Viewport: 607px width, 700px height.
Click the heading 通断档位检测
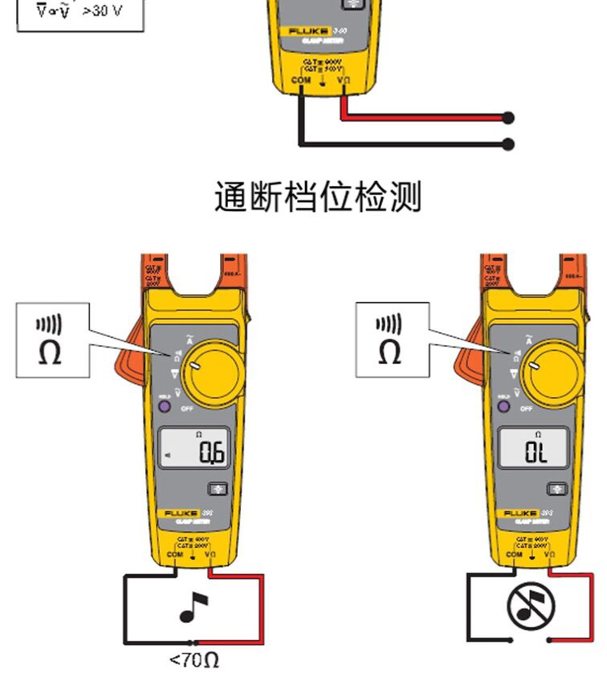pyautogui.click(x=317, y=197)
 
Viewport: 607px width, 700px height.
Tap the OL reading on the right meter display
pyautogui.click(x=536, y=453)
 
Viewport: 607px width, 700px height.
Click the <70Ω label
pyautogui.click(x=194, y=659)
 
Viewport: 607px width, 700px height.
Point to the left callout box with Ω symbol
pyautogui.click(x=51, y=339)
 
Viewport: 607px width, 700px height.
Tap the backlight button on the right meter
pyautogui.click(x=557, y=489)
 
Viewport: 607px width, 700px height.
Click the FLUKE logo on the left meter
pyautogui.click(x=183, y=514)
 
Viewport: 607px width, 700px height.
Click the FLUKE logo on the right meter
pyautogui.click(x=522, y=514)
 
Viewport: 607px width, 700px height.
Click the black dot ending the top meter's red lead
pyautogui.click(x=509, y=118)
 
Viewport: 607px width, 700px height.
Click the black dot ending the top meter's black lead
pyautogui.click(x=509, y=145)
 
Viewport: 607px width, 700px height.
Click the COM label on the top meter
pyautogui.click(x=301, y=80)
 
